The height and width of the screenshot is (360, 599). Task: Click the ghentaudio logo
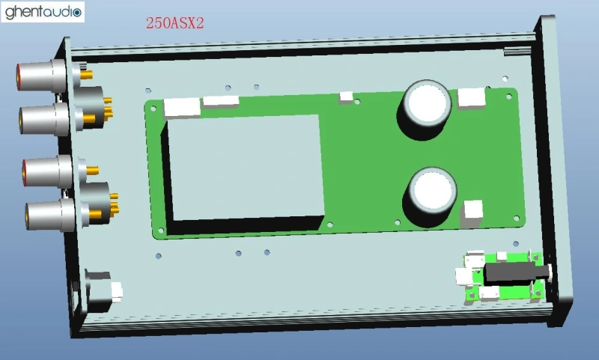(x=43, y=12)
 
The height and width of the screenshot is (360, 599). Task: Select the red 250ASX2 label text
(x=174, y=24)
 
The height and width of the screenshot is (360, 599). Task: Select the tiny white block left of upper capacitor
(x=347, y=97)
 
